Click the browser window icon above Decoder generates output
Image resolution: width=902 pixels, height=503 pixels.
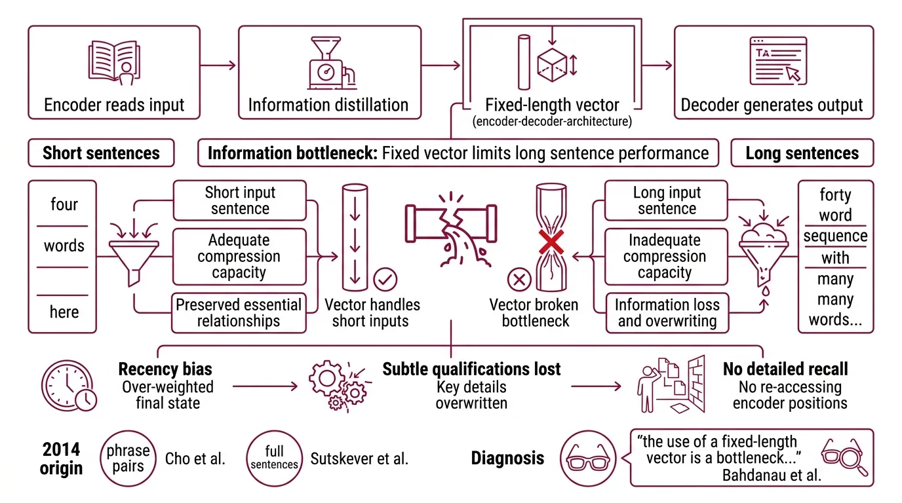click(x=774, y=60)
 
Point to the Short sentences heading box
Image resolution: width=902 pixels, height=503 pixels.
click(x=101, y=153)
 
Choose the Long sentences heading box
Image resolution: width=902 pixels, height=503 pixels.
click(x=802, y=153)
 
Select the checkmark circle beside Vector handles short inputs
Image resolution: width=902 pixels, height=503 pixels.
click(x=385, y=280)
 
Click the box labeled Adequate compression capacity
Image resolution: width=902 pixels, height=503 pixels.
click(x=239, y=257)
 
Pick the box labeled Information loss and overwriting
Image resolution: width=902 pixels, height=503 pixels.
click(x=667, y=313)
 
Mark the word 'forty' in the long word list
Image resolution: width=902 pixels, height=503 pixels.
click(x=835, y=195)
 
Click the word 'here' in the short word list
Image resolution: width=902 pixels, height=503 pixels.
click(x=64, y=312)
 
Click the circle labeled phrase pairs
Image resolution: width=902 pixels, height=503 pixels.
click(x=128, y=458)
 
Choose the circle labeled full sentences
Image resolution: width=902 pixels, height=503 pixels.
click(x=274, y=458)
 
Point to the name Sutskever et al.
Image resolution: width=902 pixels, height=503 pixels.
click(x=359, y=458)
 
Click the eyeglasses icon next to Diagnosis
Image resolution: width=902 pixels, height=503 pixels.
click(x=587, y=458)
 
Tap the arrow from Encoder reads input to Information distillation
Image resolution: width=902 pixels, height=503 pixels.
click(x=218, y=65)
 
